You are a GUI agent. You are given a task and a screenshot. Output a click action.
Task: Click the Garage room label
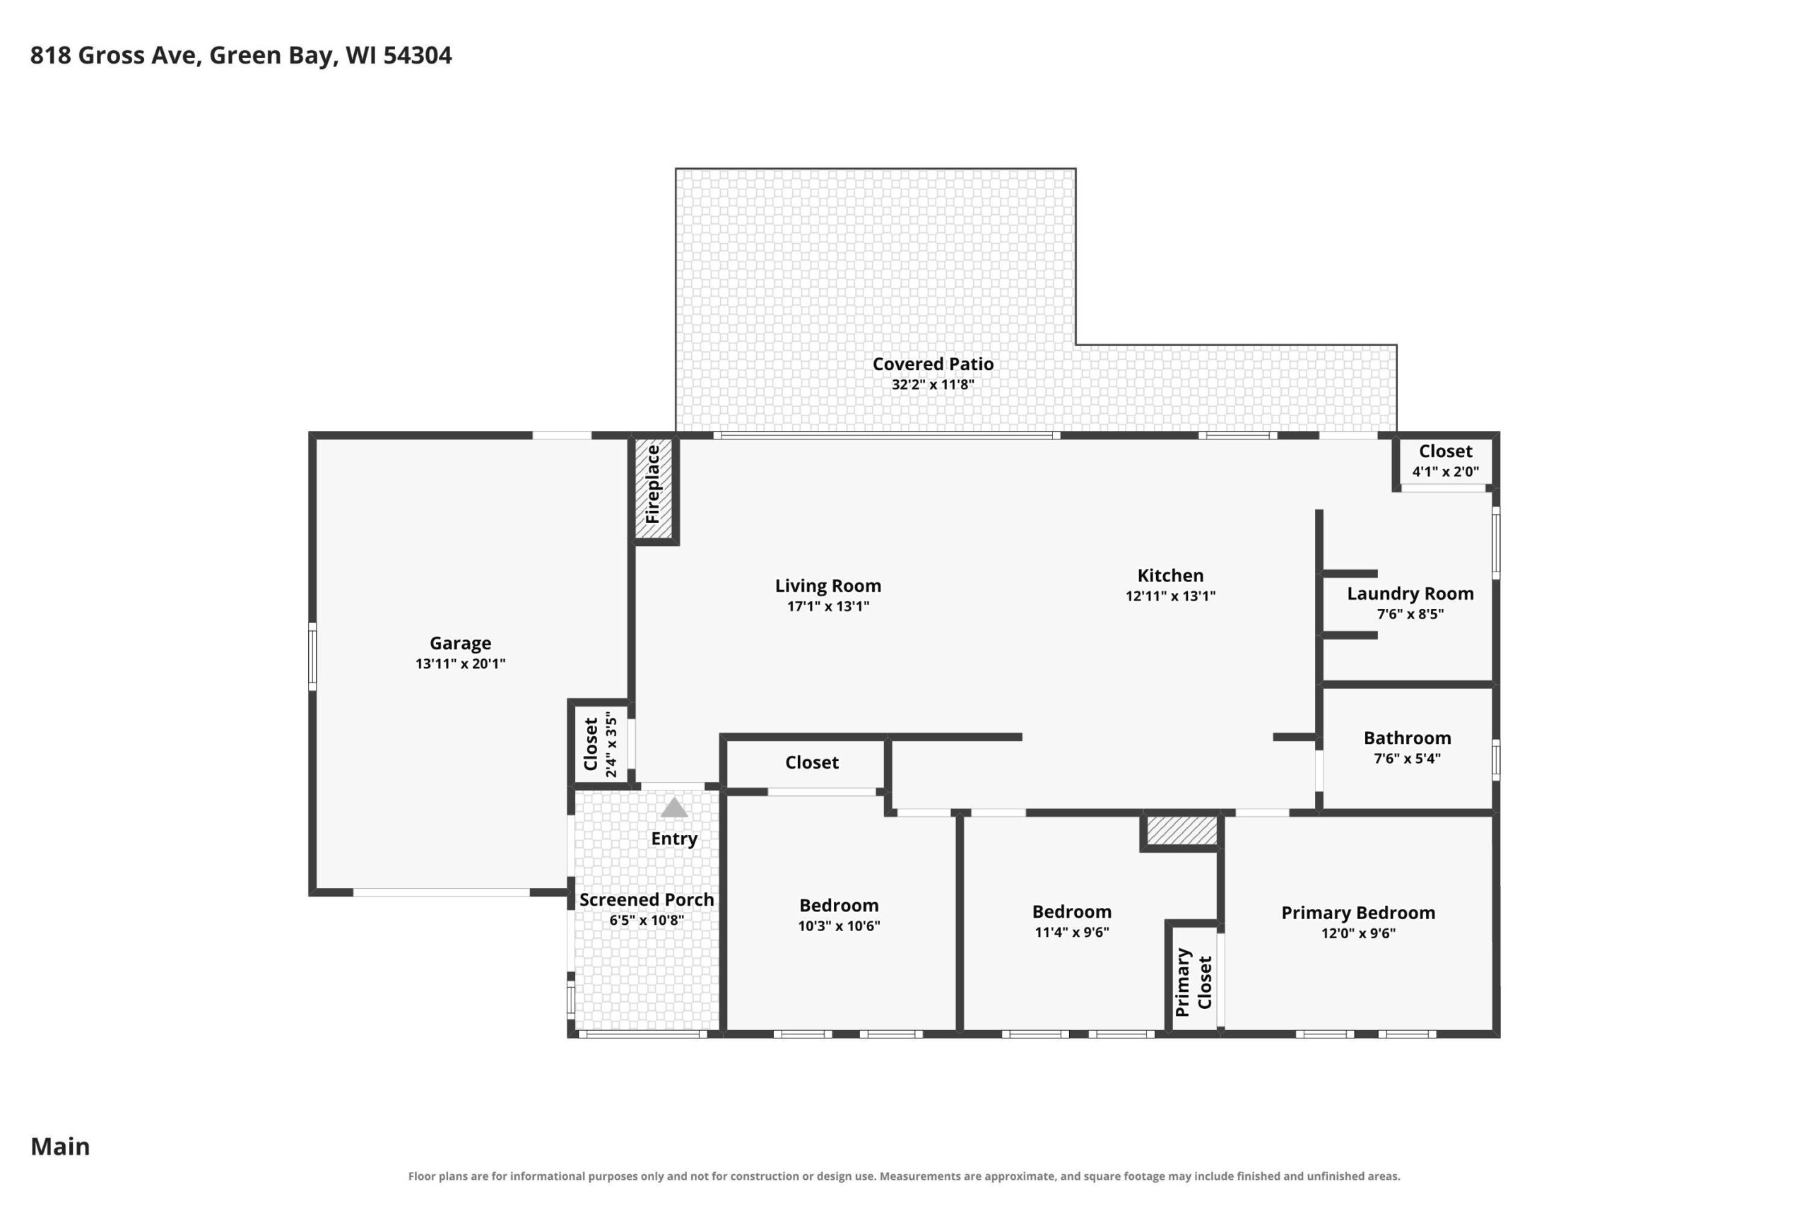pyautogui.click(x=460, y=643)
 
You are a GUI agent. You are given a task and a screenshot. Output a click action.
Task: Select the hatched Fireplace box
pyautogui.click(x=653, y=487)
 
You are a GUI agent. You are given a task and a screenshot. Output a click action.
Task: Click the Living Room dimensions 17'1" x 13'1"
pyautogui.click(x=827, y=606)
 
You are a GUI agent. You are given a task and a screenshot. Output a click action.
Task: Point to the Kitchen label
pyautogui.click(x=1170, y=575)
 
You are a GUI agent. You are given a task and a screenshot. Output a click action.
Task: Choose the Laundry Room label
pyautogui.click(x=1410, y=593)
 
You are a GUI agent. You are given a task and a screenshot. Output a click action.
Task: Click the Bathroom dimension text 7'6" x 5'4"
pyautogui.click(x=1407, y=758)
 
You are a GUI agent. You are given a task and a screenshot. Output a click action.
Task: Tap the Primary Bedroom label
pyautogui.click(x=1357, y=913)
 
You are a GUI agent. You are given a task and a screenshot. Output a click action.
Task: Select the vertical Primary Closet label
pyautogui.click(x=1193, y=982)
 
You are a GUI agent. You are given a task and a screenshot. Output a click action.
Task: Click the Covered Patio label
pyautogui.click(x=932, y=364)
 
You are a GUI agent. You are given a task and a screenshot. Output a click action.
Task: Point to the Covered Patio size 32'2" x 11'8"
pyautogui.click(x=932, y=384)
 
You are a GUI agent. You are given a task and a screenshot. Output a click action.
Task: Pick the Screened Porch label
pyautogui.click(x=646, y=900)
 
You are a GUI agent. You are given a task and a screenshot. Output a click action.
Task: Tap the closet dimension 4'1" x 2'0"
pyautogui.click(x=1445, y=471)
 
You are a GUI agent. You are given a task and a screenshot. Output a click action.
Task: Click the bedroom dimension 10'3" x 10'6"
pyautogui.click(x=838, y=926)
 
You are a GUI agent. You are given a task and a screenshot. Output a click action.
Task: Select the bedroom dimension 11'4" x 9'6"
pyautogui.click(x=1071, y=932)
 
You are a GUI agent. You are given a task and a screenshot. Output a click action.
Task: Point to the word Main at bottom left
pyautogui.click(x=60, y=1147)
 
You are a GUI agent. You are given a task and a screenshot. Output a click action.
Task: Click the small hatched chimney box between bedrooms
pyautogui.click(x=1182, y=831)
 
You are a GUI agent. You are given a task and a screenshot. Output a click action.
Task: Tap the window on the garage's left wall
pyautogui.click(x=312, y=656)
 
